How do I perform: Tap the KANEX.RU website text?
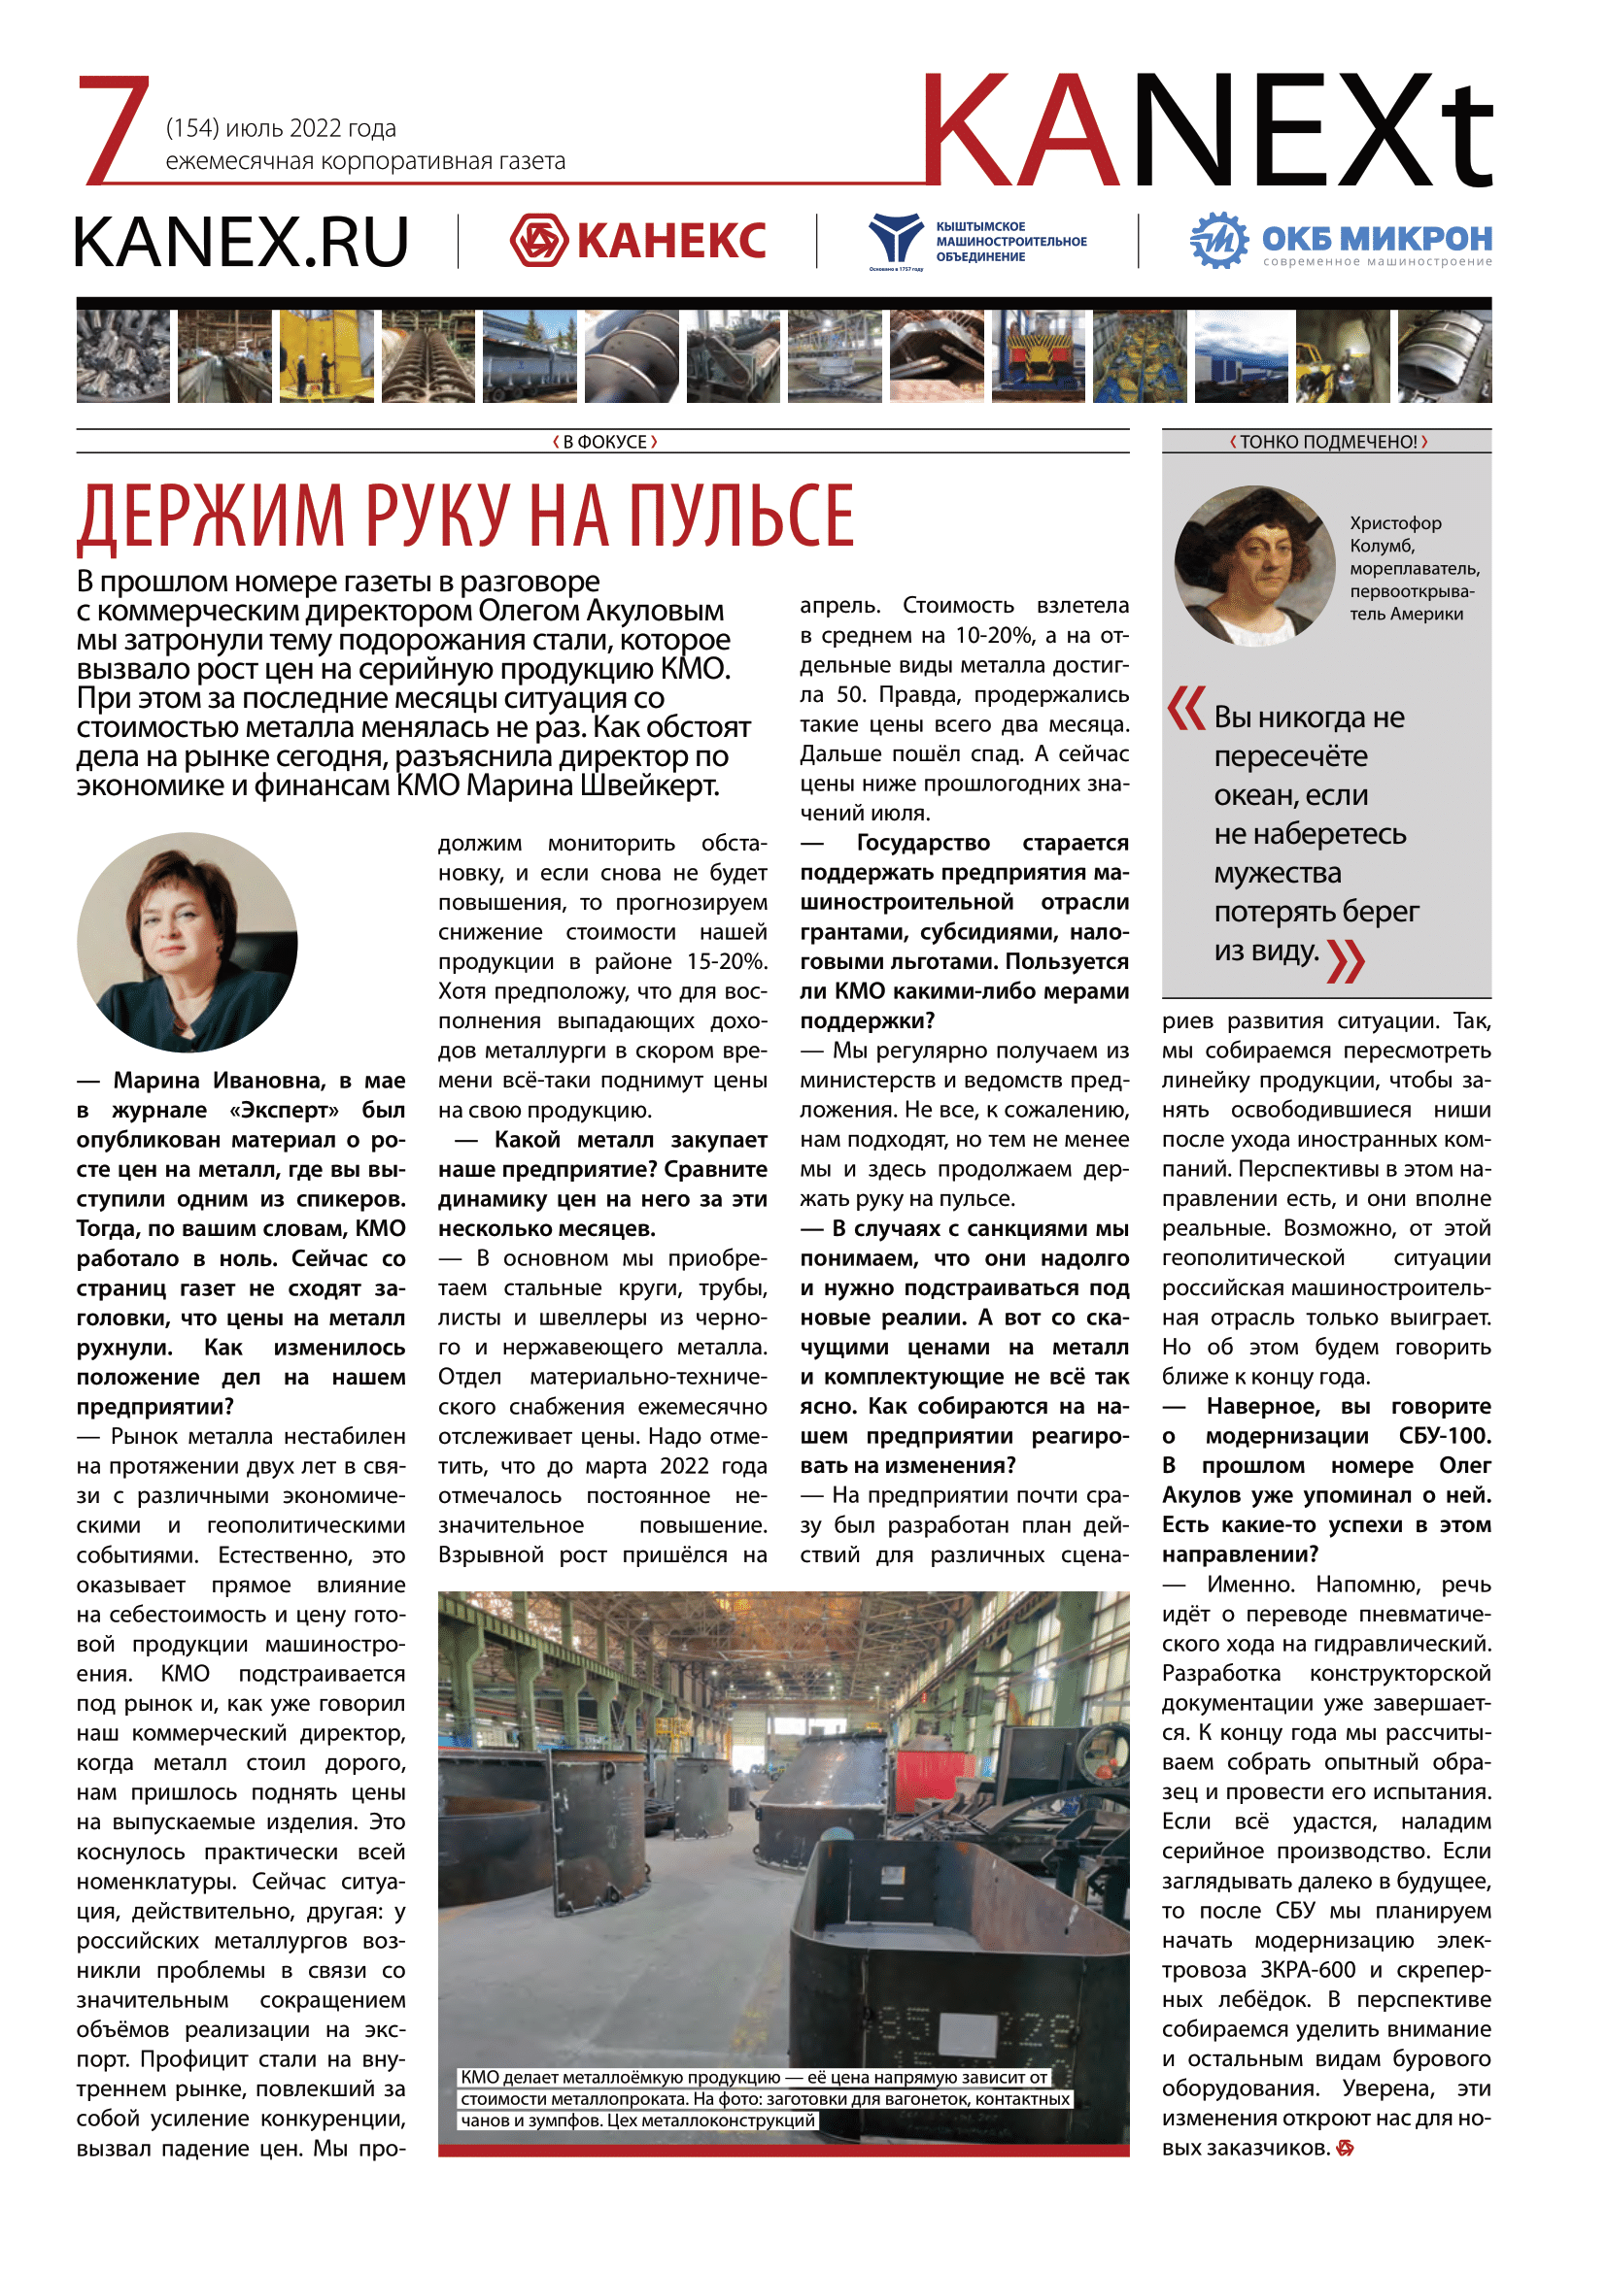coord(242,243)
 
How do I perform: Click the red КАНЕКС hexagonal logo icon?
coord(538,241)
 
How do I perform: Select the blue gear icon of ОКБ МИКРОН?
coord(1219,241)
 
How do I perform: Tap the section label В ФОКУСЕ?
coord(603,442)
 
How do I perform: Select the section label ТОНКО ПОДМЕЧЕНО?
coord(1327,442)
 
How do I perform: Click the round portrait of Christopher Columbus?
coord(1254,566)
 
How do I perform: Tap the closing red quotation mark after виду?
coord(1346,960)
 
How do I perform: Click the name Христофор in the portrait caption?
coord(1395,523)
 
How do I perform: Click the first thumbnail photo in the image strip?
coord(122,356)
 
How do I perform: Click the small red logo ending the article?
coord(1345,2148)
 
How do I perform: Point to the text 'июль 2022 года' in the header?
coord(311,128)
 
